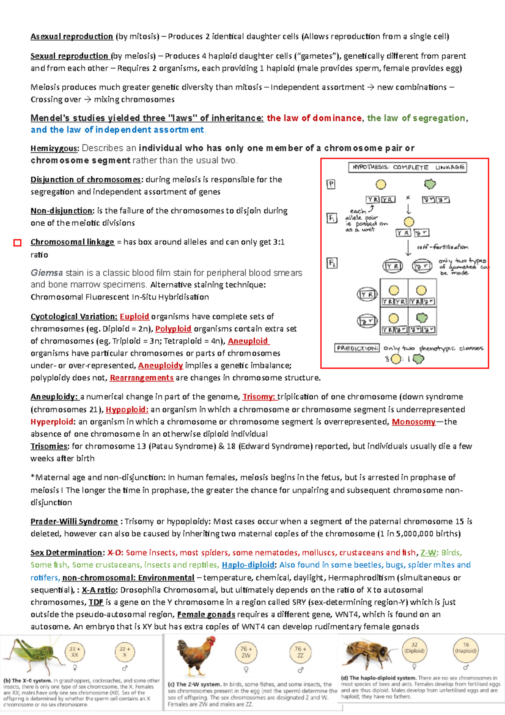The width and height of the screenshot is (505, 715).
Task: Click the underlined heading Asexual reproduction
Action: click(x=72, y=37)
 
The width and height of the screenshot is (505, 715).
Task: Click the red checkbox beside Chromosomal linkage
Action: click(x=17, y=243)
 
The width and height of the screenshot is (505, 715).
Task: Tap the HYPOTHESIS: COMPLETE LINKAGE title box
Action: click(x=407, y=167)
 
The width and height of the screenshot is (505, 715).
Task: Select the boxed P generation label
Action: click(x=331, y=184)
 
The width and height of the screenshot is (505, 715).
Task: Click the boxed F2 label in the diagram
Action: click(x=332, y=263)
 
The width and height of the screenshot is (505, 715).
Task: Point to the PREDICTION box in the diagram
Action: click(x=357, y=348)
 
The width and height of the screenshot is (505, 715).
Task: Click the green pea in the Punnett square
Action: click(x=422, y=317)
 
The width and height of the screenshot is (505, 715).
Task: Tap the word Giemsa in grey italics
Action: click(x=46, y=273)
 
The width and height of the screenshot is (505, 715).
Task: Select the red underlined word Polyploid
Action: click(x=173, y=329)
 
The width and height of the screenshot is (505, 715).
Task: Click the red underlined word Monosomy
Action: click(x=413, y=422)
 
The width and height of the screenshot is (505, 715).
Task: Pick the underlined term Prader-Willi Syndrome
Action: click(x=74, y=522)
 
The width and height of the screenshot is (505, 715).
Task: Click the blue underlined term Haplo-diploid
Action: click(x=248, y=565)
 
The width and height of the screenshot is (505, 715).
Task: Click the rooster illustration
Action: click(x=197, y=655)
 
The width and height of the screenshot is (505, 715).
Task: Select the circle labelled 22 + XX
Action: click(x=74, y=652)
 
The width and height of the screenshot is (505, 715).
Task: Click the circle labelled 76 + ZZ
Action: click(x=300, y=652)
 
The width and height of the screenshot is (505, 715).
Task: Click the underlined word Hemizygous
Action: click(x=54, y=149)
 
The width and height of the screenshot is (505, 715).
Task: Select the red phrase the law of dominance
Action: click(x=314, y=118)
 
